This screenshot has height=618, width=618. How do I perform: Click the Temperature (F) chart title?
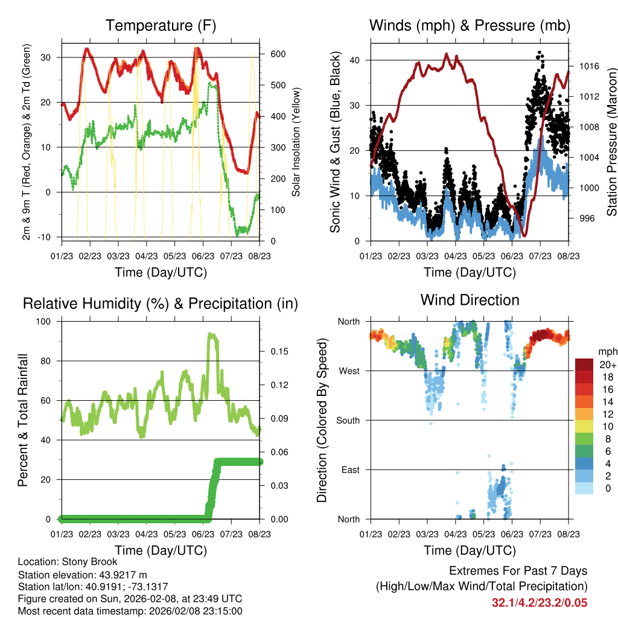pyautogui.click(x=161, y=25)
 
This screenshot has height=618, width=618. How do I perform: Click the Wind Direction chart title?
pyautogui.click(x=470, y=299)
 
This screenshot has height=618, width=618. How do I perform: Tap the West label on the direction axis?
pyautogui.click(x=349, y=371)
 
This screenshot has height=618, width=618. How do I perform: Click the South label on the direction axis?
pyautogui.click(x=348, y=420)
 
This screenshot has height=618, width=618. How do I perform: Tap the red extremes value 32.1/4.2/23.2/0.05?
pyautogui.click(x=540, y=602)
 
